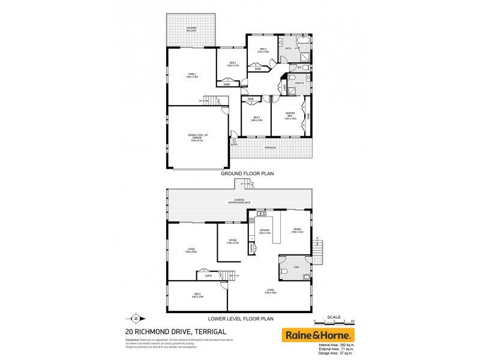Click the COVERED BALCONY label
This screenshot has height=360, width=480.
tap(191, 29)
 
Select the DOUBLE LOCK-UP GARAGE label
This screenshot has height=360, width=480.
tap(197, 137)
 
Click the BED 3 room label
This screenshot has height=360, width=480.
tap(263, 50)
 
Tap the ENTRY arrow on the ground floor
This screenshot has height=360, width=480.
tap(234, 142)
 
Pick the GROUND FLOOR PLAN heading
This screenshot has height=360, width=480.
tap(247, 173)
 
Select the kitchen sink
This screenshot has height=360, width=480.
tap(261, 214)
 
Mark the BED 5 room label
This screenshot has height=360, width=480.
tap(197, 295)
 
